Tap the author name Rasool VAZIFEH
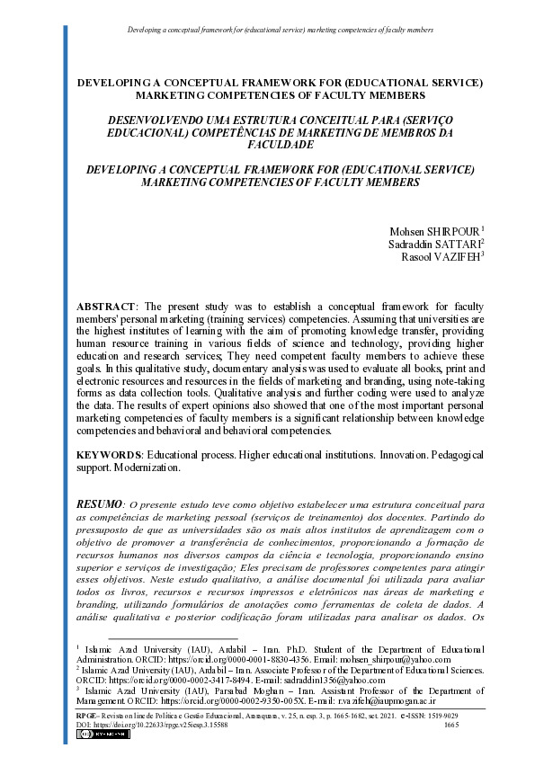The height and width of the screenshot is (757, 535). click(x=440, y=256)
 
